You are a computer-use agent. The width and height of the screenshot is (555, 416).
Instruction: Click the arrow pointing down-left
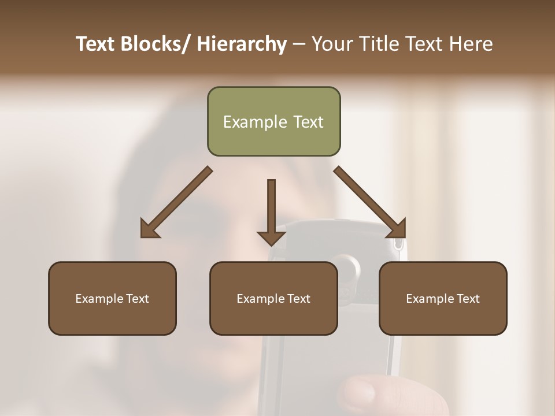(x=176, y=202)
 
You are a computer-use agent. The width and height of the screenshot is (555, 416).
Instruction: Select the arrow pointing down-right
(x=370, y=202)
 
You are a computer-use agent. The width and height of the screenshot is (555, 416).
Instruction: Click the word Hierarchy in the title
(x=242, y=44)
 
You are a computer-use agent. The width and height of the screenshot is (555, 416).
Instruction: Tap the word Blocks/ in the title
(x=154, y=44)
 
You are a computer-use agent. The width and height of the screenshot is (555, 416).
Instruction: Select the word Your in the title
(x=332, y=44)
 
